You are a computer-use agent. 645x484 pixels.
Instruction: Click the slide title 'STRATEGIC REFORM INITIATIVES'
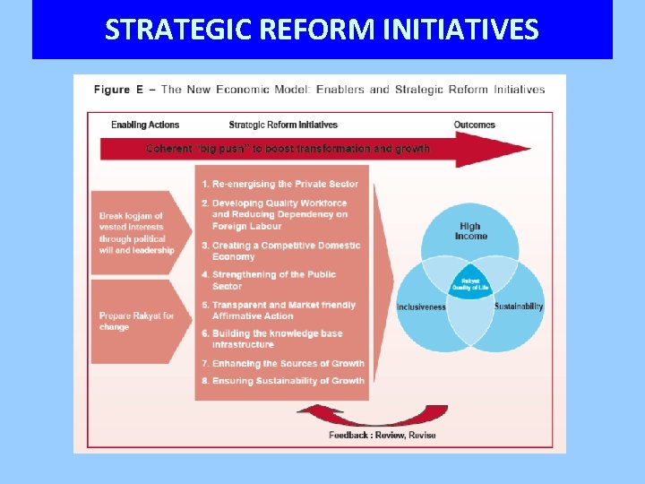(x=322, y=30)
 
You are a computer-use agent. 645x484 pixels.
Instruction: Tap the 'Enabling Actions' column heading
(x=145, y=125)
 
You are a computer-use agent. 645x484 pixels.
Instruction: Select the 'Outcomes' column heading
(x=474, y=125)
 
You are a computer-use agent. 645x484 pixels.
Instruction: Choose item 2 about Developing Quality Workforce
(x=279, y=214)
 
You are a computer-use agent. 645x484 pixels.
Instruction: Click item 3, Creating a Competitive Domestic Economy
(x=286, y=250)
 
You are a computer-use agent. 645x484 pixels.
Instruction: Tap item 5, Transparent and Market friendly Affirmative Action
(x=283, y=310)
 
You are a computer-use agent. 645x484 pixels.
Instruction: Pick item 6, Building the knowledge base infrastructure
(x=278, y=339)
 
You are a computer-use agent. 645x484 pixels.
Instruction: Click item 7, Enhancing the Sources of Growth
(x=288, y=364)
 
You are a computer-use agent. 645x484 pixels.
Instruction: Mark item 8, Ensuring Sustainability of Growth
(x=288, y=381)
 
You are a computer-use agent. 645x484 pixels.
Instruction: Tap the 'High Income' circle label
(x=469, y=231)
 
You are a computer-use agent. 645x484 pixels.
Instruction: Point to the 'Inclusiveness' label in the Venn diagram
(x=421, y=307)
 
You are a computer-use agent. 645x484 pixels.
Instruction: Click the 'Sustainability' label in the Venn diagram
(x=519, y=307)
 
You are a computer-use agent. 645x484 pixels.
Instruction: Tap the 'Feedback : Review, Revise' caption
(x=383, y=435)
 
